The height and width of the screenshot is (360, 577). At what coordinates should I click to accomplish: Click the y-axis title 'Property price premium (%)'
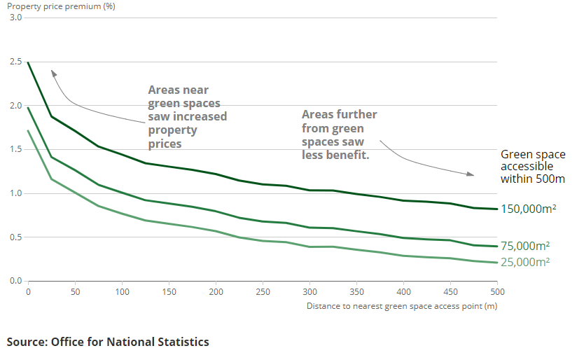(x=62, y=6)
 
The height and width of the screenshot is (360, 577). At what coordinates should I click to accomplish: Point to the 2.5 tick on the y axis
(x=15, y=62)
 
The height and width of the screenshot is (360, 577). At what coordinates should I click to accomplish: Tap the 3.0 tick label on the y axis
(x=15, y=18)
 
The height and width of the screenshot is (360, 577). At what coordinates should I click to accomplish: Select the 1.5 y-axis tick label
(x=15, y=149)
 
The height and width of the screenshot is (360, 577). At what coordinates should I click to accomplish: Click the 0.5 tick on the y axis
(x=15, y=237)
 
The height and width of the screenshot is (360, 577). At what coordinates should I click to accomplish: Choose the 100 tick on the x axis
(x=122, y=291)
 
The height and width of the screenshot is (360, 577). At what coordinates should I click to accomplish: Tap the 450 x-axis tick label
(x=450, y=291)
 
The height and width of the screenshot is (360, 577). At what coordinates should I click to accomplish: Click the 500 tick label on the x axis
(x=497, y=291)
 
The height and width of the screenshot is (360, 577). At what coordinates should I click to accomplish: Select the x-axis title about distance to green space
(x=402, y=305)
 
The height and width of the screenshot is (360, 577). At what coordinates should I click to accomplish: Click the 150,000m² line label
(x=529, y=209)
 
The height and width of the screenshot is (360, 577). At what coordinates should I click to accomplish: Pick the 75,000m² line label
(x=525, y=246)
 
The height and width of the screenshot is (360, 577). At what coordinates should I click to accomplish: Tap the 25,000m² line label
(x=525, y=262)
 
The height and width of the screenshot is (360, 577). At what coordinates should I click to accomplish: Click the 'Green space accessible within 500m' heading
(x=533, y=167)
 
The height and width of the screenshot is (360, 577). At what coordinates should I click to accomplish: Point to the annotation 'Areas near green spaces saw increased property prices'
(x=187, y=117)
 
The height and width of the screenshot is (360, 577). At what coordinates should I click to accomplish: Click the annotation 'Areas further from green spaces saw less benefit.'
(x=339, y=134)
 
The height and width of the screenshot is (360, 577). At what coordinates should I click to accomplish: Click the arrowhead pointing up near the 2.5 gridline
(x=53, y=71)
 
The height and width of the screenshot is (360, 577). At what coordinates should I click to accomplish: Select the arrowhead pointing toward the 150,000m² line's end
(x=471, y=174)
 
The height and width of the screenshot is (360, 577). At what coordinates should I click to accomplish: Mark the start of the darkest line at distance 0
(x=28, y=62)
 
